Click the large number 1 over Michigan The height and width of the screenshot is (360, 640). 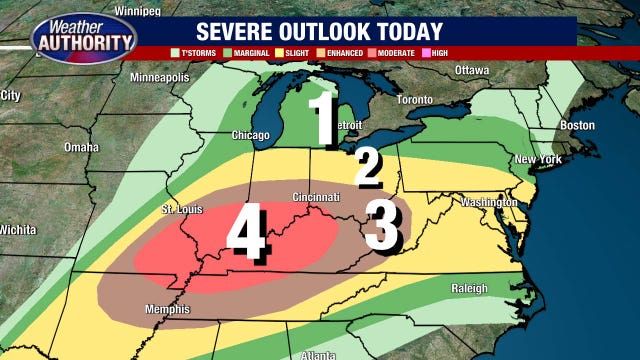pyautogui.click(x=322, y=120)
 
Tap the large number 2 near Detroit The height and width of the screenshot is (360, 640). pyautogui.click(x=368, y=167)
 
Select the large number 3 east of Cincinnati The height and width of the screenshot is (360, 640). pyautogui.click(x=383, y=225)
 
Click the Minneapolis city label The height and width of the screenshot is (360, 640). pyautogui.click(x=161, y=77)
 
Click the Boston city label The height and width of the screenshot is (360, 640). pyautogui.click(x=577, y=125)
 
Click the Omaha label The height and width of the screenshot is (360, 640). pyautogui.click(x=82, y=147)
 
